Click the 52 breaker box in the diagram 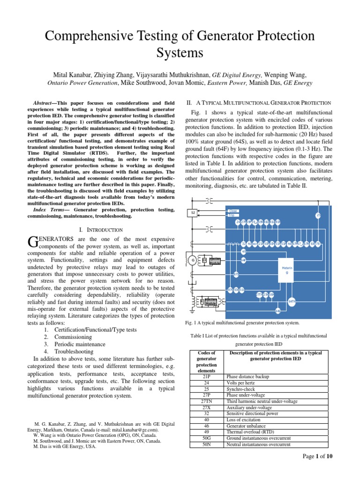193,213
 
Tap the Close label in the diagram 232,211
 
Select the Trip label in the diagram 231,215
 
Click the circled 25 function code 318,215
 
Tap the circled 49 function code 244,252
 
